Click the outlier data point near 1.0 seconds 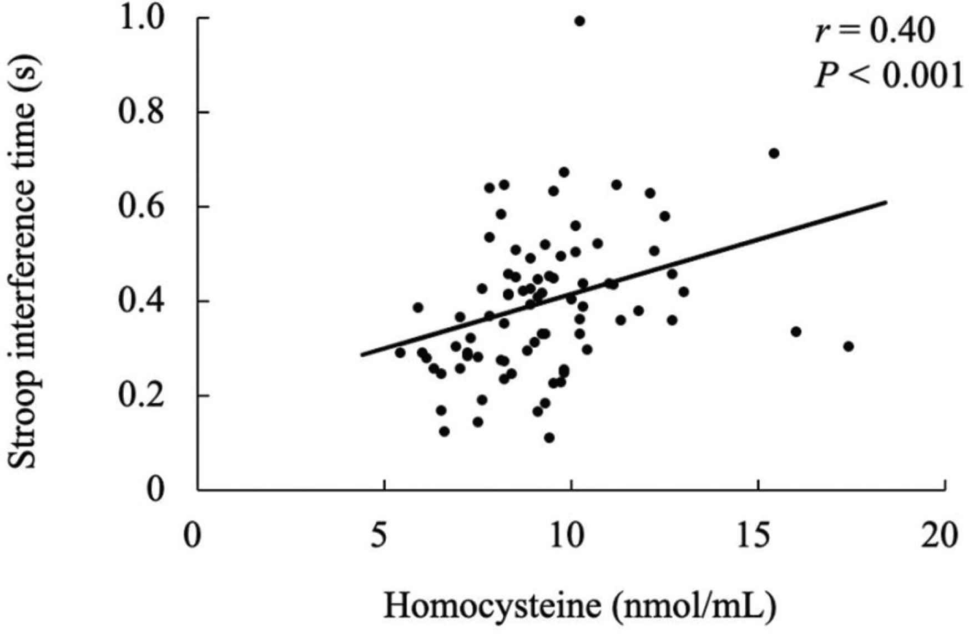tap(579, 21)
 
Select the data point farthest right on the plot tap(848, 346)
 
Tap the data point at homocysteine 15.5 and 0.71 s tap(774, 153)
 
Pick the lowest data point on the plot tap(549, 438)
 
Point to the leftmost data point tap(400, 352)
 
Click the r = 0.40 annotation tap(875, 32)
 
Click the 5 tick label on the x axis tap(379, 536)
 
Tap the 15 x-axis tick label tap(756, 536)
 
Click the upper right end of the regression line tap(886, 202)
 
